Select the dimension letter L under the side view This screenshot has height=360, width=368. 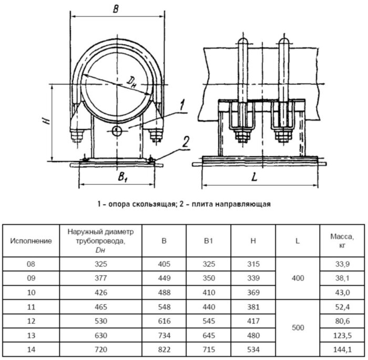click(x=254, y=178)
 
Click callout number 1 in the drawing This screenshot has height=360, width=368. click(x=180, y=103)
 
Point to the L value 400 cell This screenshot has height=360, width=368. click(x=297, y=278)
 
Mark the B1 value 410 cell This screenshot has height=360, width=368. click(x=208, y=292)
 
